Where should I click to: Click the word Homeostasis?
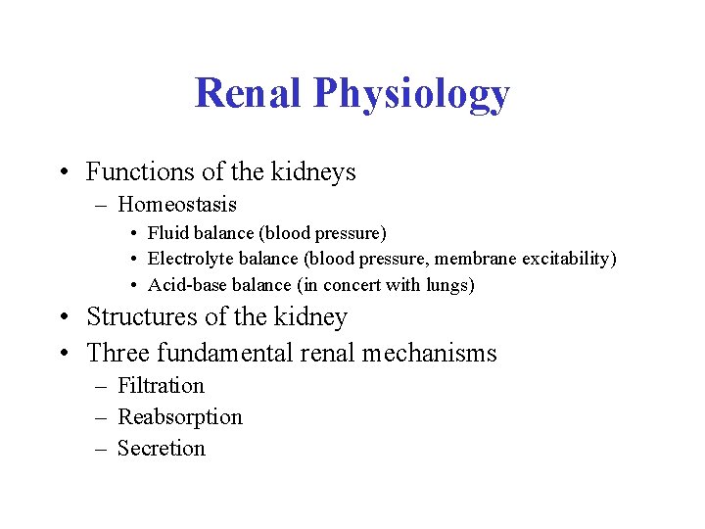[x=177, y=206]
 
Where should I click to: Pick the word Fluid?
[x=164, y=233]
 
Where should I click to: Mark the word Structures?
[x=139, y=317]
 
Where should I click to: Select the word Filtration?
[x=161, y=386]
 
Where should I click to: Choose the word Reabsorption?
[x=180, y=417]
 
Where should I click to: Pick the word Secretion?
[x=162, y=449]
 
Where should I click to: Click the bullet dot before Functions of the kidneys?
[x=64, y=173]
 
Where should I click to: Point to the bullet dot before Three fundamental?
[x=64, y=353]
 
